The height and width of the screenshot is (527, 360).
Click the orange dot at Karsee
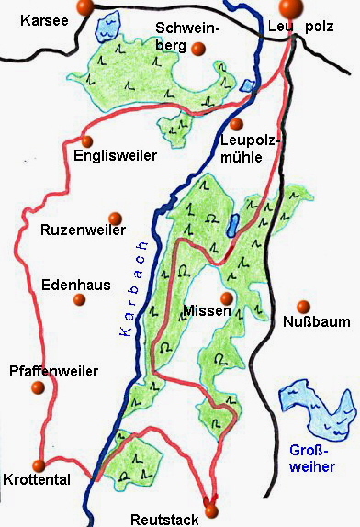point(84,7)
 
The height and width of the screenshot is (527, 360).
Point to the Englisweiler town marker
point(87,140)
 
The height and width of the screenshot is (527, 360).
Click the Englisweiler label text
point(115,157)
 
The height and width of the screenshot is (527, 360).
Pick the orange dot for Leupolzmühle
point(237,123)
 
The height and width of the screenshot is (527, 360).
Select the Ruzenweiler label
point(83,230)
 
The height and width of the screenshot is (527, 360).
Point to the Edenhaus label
point(76,286)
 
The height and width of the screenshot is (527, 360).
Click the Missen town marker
point(226,298)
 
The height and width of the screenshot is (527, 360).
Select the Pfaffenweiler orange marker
point(38,388)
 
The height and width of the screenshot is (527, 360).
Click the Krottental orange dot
point(38,465)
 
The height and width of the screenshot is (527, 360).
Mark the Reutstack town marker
point(211,510)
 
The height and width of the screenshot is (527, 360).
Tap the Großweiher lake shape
point(317,410)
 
